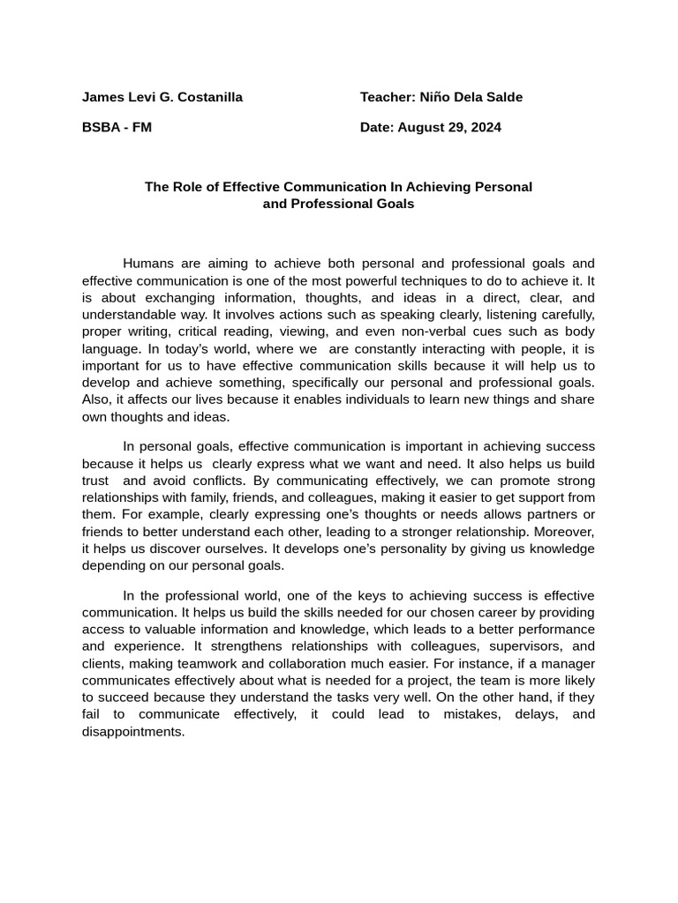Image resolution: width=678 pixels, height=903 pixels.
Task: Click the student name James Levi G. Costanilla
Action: tap(162, 97)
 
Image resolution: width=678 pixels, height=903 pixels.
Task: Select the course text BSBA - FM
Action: tap(117, 127)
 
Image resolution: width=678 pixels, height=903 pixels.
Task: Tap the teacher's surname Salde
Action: tap(503, 97)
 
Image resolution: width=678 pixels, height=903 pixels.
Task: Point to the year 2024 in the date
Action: tap(483, 127)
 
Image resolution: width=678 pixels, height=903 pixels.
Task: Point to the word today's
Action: tap(199, 348)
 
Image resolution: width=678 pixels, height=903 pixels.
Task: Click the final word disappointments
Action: tap(133, 731)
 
